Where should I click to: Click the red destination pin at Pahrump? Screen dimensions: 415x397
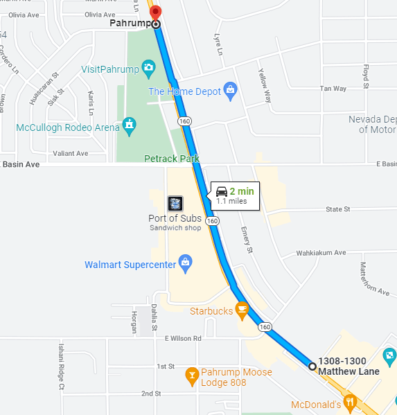(155, 12)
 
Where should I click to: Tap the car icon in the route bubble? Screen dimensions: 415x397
(221, 191)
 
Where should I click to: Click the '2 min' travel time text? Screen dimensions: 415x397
(242, 191)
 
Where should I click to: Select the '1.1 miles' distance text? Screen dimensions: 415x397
(231, 202)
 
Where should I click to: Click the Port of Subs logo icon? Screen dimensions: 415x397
(176, 203)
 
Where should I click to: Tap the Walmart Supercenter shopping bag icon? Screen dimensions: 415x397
(185, 261)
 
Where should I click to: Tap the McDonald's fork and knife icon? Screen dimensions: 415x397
(350, 400)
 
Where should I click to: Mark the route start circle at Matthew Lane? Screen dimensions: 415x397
(312, 366)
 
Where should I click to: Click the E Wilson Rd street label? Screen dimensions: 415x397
(183, 338)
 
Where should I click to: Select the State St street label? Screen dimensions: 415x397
(338, 209)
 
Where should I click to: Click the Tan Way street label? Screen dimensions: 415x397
(333, 89)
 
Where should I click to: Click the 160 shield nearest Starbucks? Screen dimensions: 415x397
(264, 326)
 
